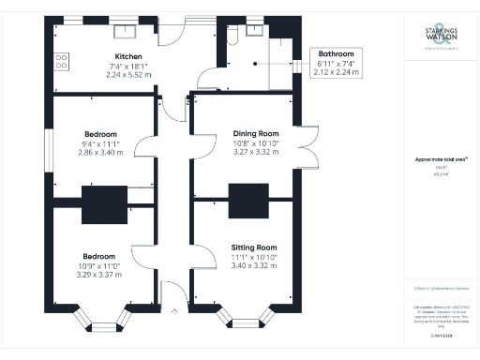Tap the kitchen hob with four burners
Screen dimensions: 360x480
62,61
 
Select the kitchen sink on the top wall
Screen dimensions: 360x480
127,29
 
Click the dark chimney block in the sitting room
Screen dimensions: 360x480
249,200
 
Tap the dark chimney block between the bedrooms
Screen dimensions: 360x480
103,205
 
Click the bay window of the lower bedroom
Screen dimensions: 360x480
104,322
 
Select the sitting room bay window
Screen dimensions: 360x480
247,322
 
